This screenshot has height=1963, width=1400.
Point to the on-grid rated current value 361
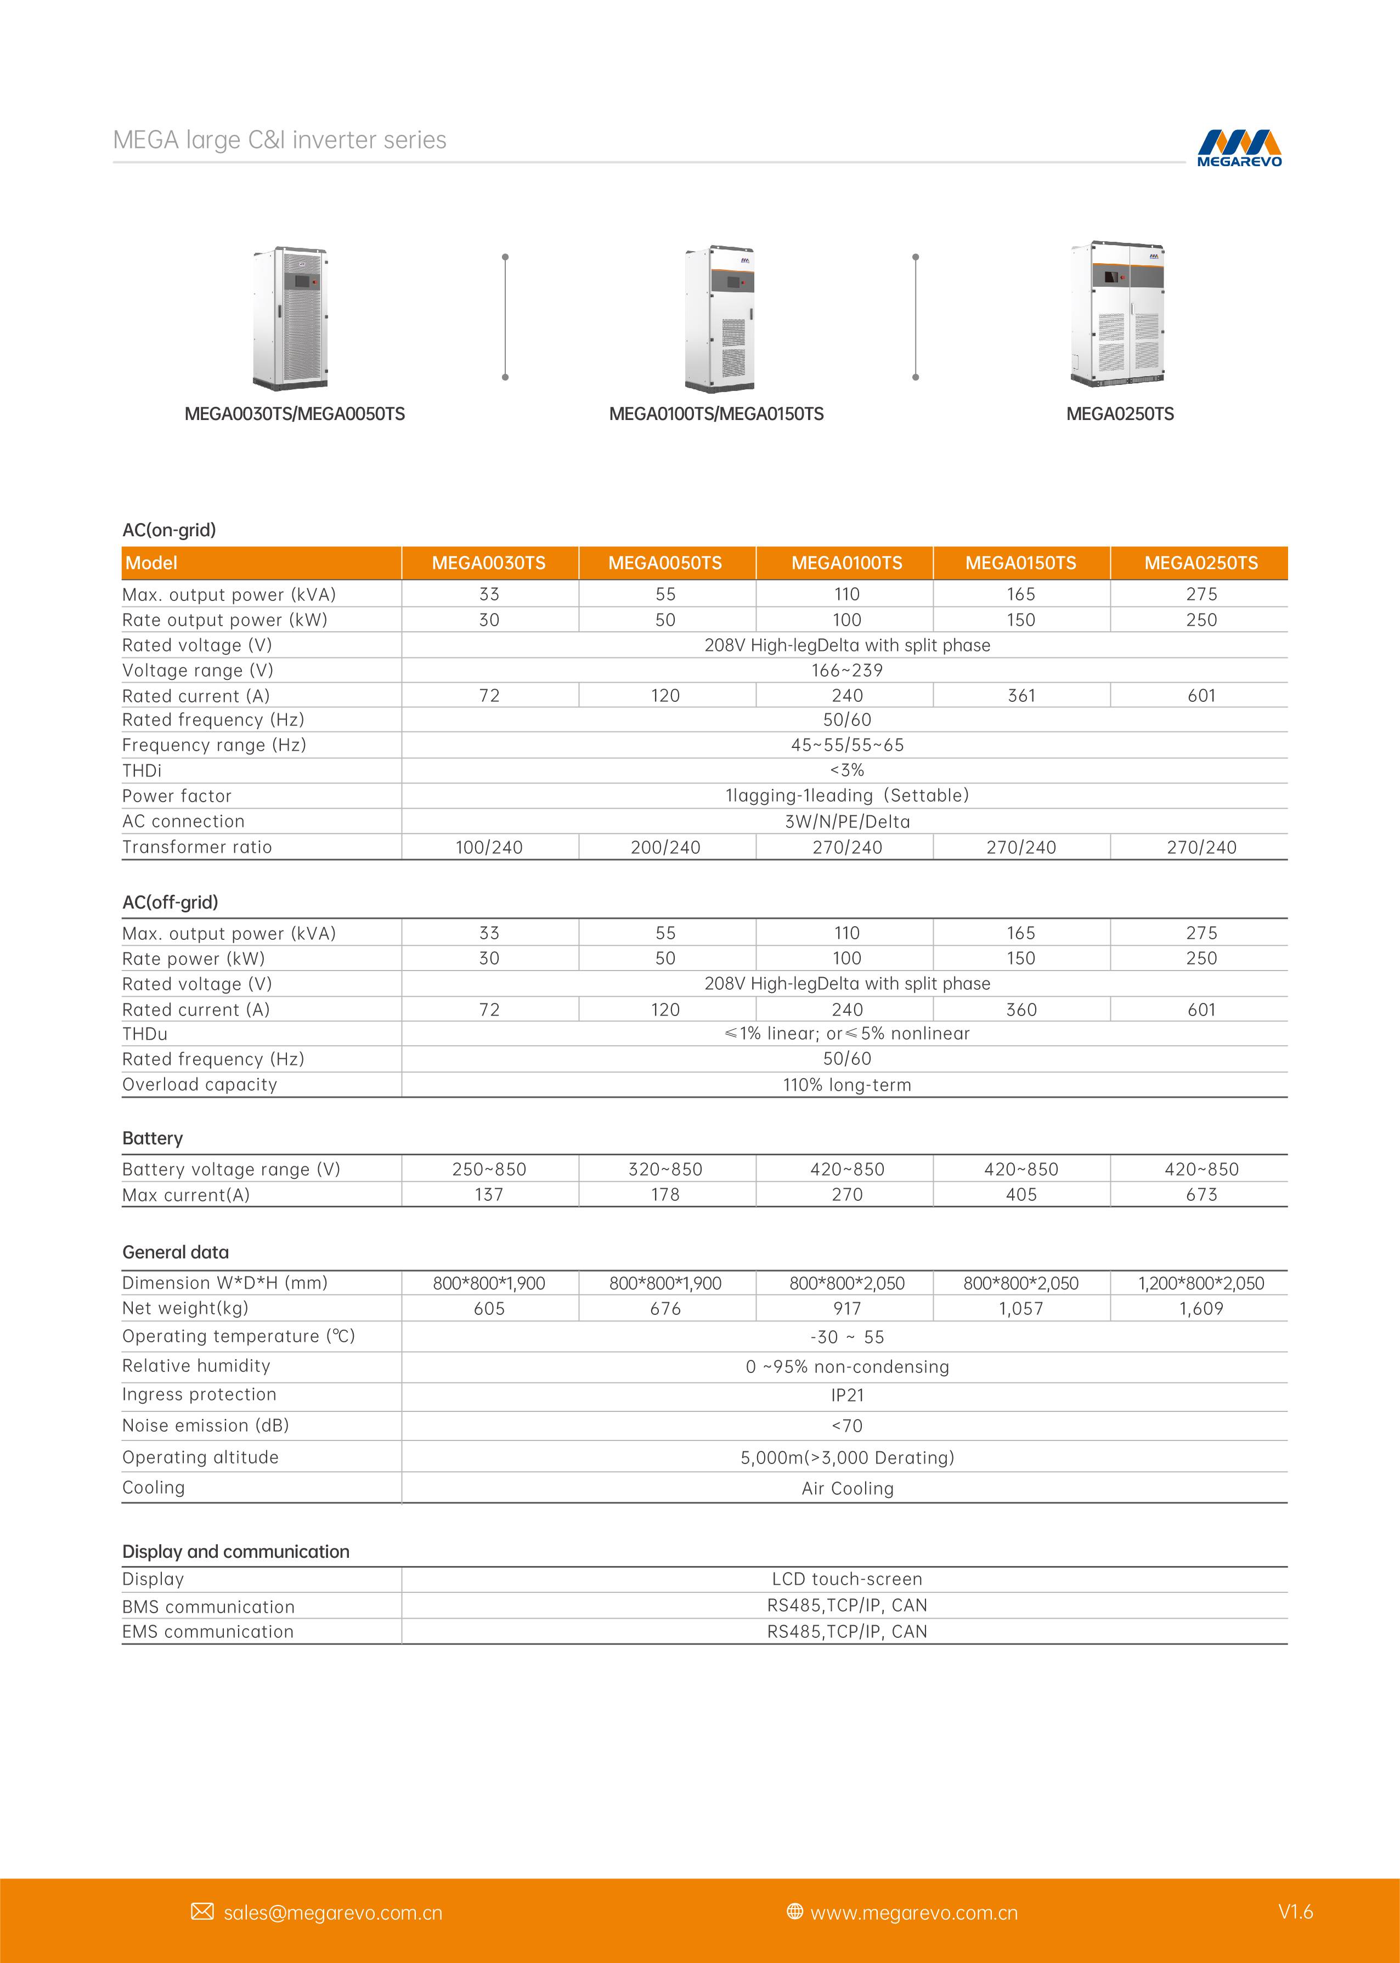(x=1021, y=695)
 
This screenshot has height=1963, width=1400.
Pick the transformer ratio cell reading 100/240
(x=489, y=848)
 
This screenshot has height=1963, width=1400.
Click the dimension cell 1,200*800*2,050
(x=1201, y=1283)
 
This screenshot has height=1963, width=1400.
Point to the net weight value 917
(x=846, y=1309)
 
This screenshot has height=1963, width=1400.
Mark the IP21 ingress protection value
(x=846, y=1395)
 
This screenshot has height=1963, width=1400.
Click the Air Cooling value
(x=846, y=1488)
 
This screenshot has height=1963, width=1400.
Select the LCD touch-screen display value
(x=846, y=1579)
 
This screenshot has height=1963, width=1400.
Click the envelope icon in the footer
(x=202, y=1912)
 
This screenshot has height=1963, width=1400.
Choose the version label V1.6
(x=1295, y=1911)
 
